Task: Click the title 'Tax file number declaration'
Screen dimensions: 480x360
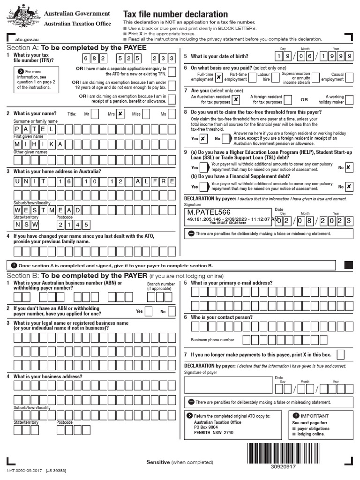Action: coord(175,15)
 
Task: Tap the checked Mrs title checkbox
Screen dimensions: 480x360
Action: coord(120,114)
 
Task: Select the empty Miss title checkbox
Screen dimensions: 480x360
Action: coord(146,114)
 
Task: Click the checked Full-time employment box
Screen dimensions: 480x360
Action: coord(219,77)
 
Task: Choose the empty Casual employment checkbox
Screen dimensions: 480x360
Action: coord(349,77)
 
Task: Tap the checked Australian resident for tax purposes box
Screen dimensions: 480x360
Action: coord(236,99)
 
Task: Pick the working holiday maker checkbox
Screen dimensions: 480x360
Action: coord(349,99)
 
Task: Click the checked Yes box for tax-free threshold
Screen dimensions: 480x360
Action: coord(202,139)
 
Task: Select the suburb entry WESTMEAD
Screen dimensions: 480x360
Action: coord(47,210)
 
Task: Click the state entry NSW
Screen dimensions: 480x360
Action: coord(26,225)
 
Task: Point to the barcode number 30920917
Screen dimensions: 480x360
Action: coord(283,466)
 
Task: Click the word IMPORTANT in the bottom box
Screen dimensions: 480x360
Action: coord(315,416)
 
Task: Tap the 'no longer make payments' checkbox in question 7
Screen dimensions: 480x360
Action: coord(341,354)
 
